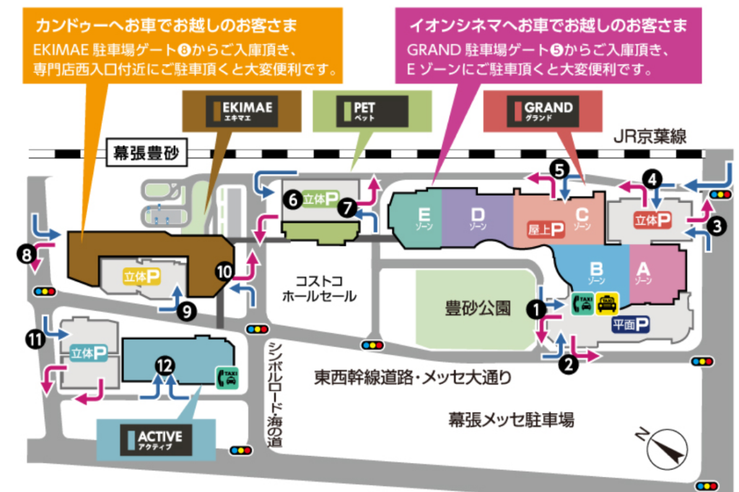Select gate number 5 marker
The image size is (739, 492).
pyautogui.click(x=559, y=168)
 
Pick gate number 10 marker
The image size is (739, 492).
pyautogui.click(x=224, y=272)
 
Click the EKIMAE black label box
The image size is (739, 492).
pyautogui.click(x=243, y=111)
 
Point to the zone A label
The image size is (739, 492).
pyautogui.click(x=644, y=272)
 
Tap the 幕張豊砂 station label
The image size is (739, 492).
pyautogui.click(x=144, y=152)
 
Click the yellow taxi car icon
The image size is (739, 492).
pyautogui.click(x=606, y=303)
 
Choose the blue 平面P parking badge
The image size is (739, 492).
pyautogui.click(x=630, y=325)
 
